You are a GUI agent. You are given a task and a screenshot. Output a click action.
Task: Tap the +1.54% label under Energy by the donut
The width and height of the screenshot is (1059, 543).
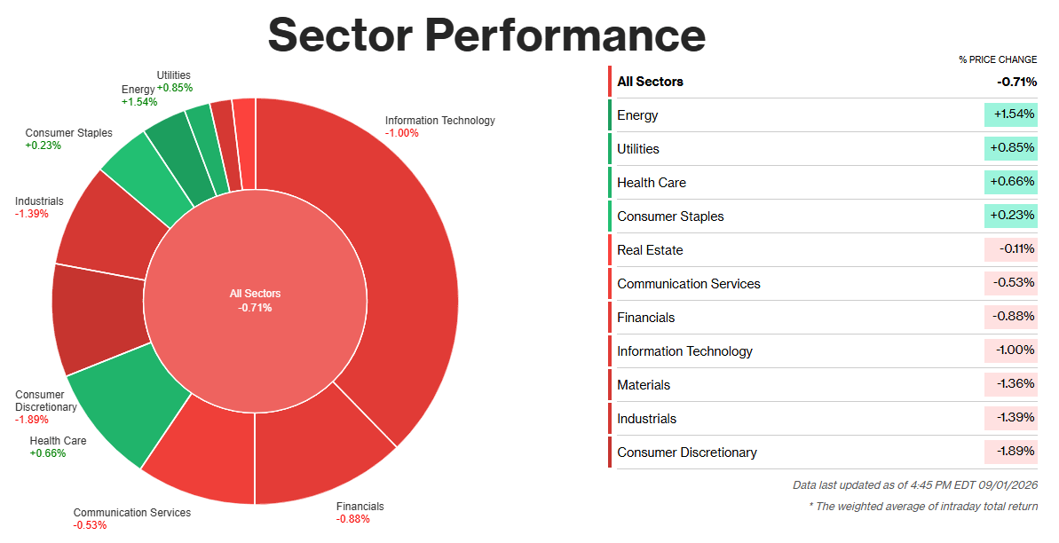click(139, 102)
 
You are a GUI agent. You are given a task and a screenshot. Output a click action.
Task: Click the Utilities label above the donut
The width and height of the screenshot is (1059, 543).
click(174, 75)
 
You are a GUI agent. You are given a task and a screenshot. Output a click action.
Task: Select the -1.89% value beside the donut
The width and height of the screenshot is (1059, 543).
click(32, 420)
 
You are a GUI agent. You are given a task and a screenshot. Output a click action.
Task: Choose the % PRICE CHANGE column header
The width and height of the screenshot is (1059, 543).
click(998, 59)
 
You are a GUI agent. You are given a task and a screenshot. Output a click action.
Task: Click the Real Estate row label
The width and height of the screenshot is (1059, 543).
click(650, 250)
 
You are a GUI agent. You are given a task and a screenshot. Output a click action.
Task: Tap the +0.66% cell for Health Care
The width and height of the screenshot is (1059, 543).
click(1011, 182)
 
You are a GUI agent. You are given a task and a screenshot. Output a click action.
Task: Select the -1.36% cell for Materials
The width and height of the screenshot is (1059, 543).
click(1011, 384)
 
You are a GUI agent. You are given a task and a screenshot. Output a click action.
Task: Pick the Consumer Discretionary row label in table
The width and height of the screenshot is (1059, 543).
click(687, 452)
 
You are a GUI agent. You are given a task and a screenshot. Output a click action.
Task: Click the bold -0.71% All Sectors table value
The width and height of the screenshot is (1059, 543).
click(1016, 82)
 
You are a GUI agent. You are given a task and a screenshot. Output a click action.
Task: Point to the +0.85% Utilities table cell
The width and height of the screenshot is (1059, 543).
click(1011, 148)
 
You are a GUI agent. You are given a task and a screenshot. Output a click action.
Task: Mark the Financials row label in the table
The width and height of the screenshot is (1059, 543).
click(645, 318)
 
